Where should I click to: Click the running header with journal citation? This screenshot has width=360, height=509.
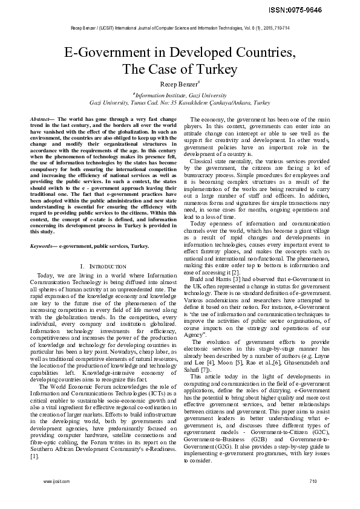[179, 29]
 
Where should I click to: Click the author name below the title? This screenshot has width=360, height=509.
[180, 83]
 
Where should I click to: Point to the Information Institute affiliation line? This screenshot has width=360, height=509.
[180, 96]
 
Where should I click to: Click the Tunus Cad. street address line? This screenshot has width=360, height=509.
[180, 103]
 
